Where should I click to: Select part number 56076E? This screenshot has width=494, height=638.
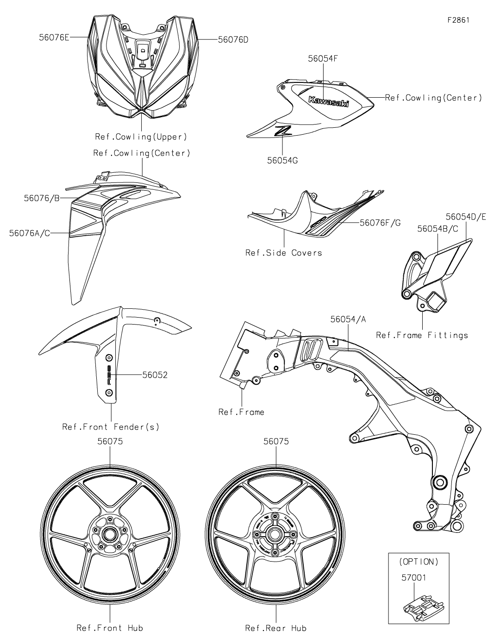click(54, 37)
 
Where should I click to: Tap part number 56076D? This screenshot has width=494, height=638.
click(233, 40)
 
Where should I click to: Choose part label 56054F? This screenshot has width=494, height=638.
click(322, 59)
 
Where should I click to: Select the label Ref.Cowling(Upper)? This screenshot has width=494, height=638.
click(141, 137)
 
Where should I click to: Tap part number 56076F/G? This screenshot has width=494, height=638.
click(380, 223)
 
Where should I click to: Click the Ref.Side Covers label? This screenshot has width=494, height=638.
click(283, 253)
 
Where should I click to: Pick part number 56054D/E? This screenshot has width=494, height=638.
click(466, 217)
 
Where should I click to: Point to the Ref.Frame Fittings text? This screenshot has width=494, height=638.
click(422, 335)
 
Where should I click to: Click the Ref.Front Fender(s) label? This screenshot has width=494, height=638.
click(111, 427)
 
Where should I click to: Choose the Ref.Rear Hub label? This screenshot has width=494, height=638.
click(276, 628)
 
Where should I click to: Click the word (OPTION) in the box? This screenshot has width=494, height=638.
click(418, 562)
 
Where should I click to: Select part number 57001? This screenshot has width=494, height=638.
click(413, 578)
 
